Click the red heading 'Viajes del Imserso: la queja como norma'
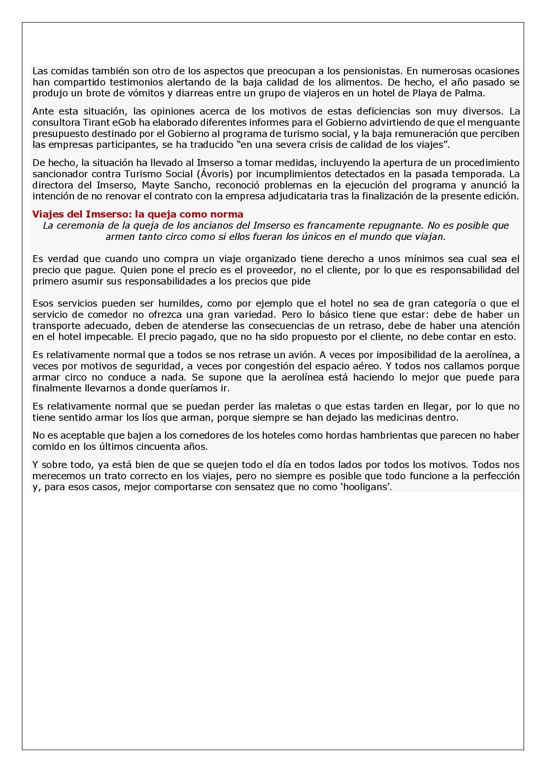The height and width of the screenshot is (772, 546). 138,214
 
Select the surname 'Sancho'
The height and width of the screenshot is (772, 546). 191,185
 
